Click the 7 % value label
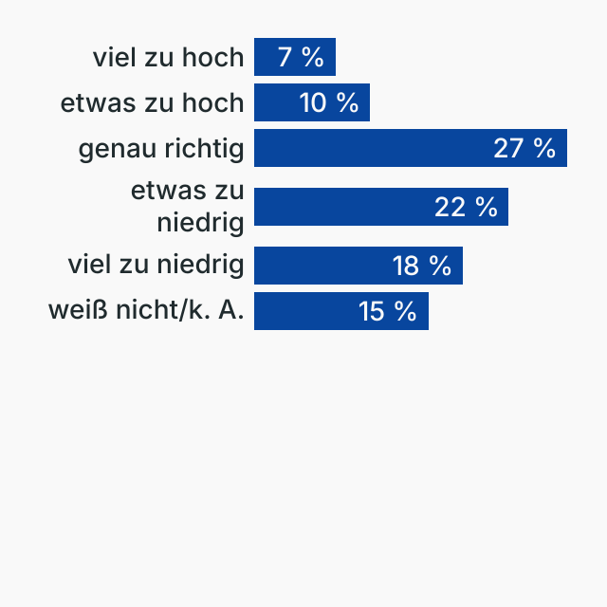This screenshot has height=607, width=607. point(301,57)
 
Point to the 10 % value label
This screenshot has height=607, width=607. point(329,102)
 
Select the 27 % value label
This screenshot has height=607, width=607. point(524,148)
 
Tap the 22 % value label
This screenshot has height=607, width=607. point(466,207)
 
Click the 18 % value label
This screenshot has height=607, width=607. point(422,266)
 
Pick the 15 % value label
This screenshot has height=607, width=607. point(388,311)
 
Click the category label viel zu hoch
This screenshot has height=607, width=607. point(168,57)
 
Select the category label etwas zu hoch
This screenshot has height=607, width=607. point(152,102)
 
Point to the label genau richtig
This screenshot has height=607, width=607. point(160,149)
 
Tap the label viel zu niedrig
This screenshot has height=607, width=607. point(156,266)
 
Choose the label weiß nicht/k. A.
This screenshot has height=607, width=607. point(146,311)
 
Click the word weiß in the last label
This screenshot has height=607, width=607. point(73,311)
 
